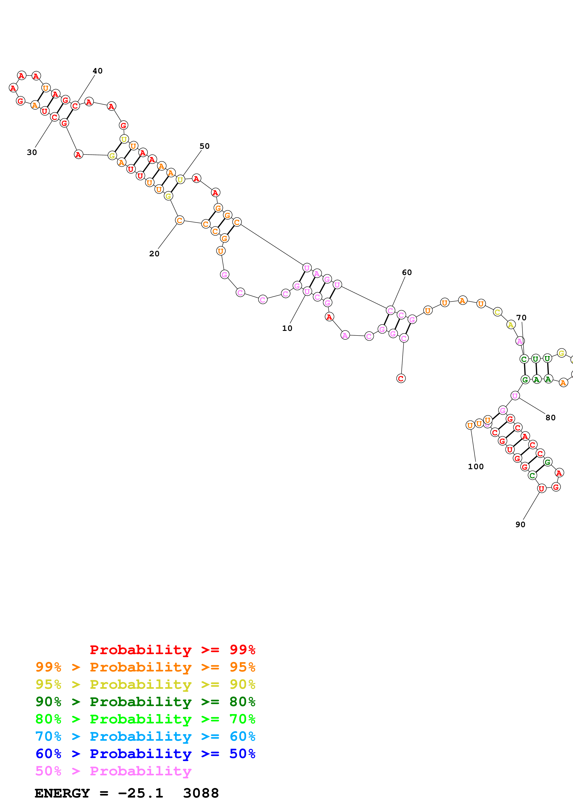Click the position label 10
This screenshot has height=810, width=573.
click(287, 328)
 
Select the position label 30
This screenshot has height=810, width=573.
click(32, 152)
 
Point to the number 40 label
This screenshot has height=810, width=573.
click(98, 71)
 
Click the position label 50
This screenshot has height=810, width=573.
click(204, 146)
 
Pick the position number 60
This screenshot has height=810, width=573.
click(407, 272)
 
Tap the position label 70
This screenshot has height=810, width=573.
click(521, 317)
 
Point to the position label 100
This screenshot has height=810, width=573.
click(475, 467)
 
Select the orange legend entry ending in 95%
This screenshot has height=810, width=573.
click(145, 667)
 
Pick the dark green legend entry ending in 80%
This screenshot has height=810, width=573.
click(145, 702)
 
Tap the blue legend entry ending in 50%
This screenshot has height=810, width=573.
click(145, 754)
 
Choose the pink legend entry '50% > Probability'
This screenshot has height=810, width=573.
click(113, 771)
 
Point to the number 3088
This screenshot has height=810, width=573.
click(201, 793)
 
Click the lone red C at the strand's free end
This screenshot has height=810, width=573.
click(401, 378)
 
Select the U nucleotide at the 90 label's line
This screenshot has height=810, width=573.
click(541, 489)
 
